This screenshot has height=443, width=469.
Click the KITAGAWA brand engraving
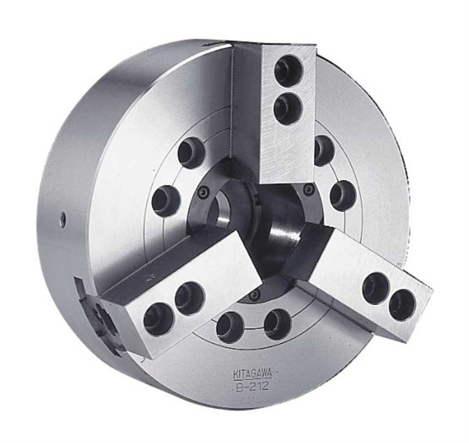(252, 374)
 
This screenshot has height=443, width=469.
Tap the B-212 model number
(252, 387)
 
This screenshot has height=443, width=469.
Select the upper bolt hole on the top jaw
(288, 70)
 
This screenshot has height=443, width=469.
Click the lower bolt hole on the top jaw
(287, 107)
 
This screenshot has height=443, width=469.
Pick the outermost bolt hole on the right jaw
(402, 305)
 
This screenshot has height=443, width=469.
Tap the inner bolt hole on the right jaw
(376, 286)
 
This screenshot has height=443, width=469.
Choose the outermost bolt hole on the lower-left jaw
(158, 318)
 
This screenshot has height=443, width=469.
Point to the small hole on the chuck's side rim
(63, 220)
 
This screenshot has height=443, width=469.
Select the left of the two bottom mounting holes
(230, 327)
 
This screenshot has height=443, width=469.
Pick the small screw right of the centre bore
(309, 190)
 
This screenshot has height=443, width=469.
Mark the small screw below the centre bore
(254, 295)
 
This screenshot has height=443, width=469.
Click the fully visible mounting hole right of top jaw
(343, 195)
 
